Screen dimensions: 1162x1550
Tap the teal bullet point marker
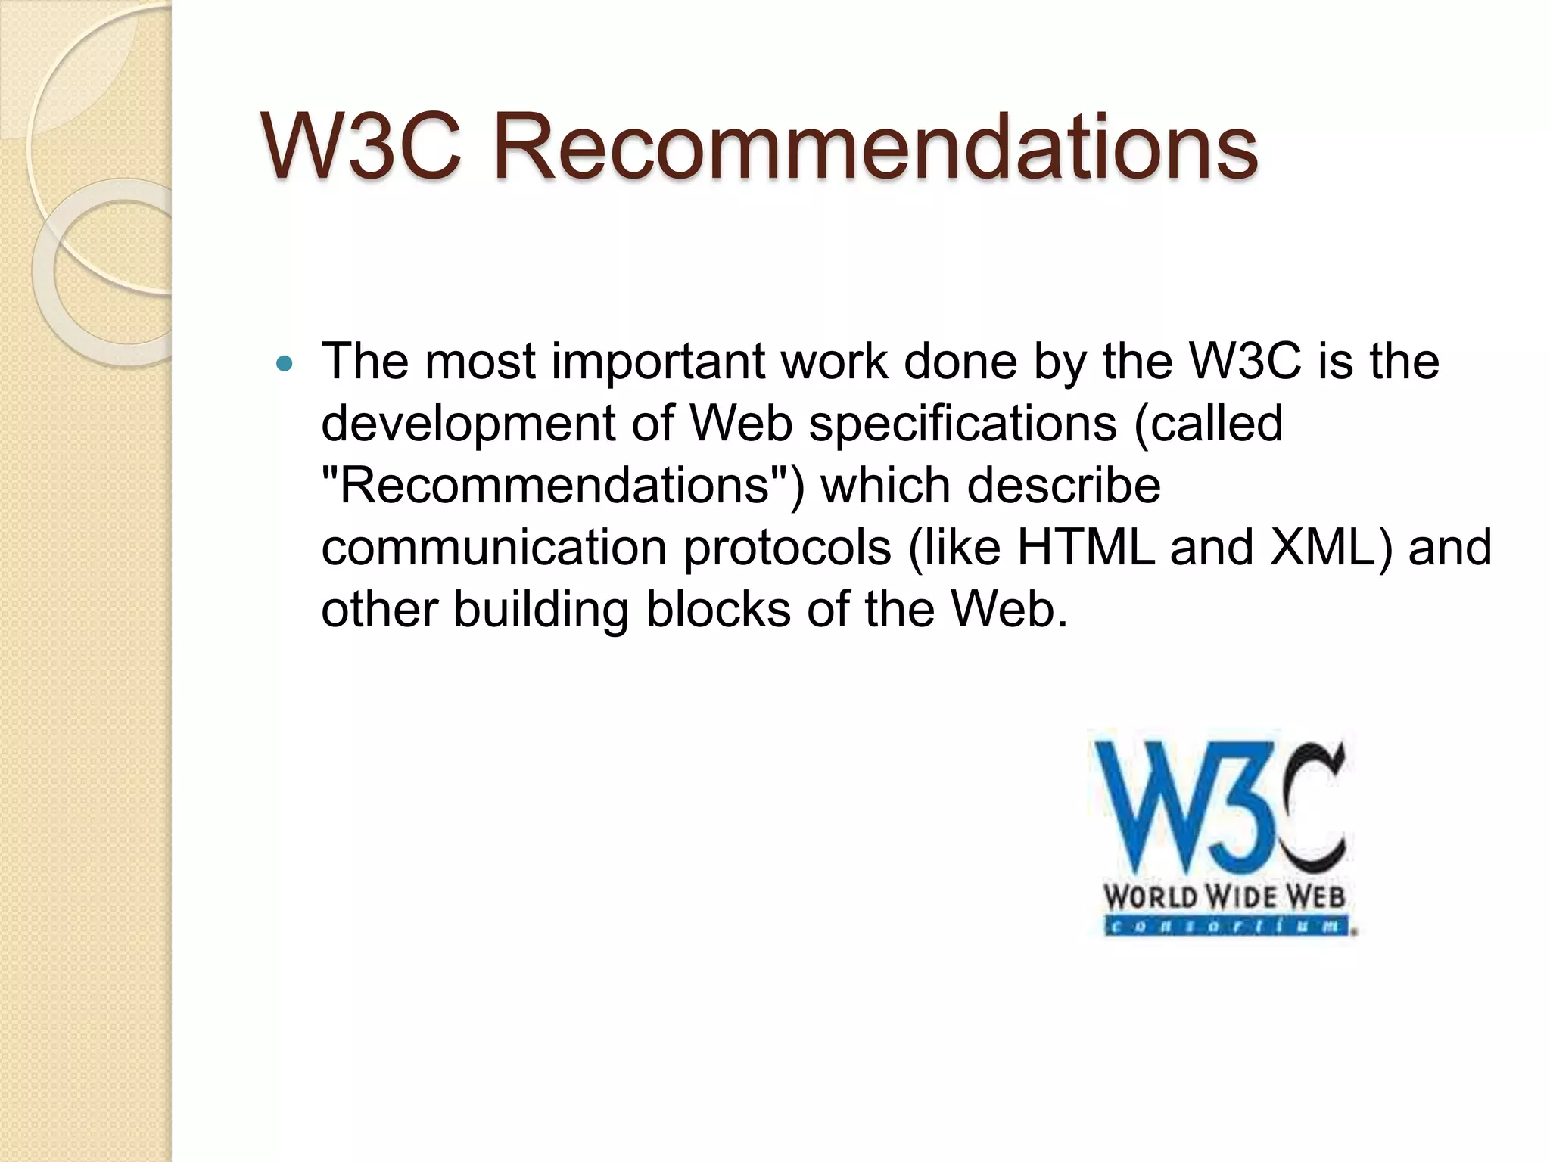(285, 365)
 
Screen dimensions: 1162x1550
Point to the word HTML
(1085, 547)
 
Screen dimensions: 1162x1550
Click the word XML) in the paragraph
(1332, 547)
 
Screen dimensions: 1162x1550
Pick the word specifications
(963, 424)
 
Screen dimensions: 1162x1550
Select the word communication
(493, 547)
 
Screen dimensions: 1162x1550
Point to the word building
(540, 610)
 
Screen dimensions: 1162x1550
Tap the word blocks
(717, 609)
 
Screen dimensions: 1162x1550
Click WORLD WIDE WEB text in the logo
(1224, 898)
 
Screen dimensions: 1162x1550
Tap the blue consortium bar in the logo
(1226, 927)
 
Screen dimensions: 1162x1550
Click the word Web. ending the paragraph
(1009, 609)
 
